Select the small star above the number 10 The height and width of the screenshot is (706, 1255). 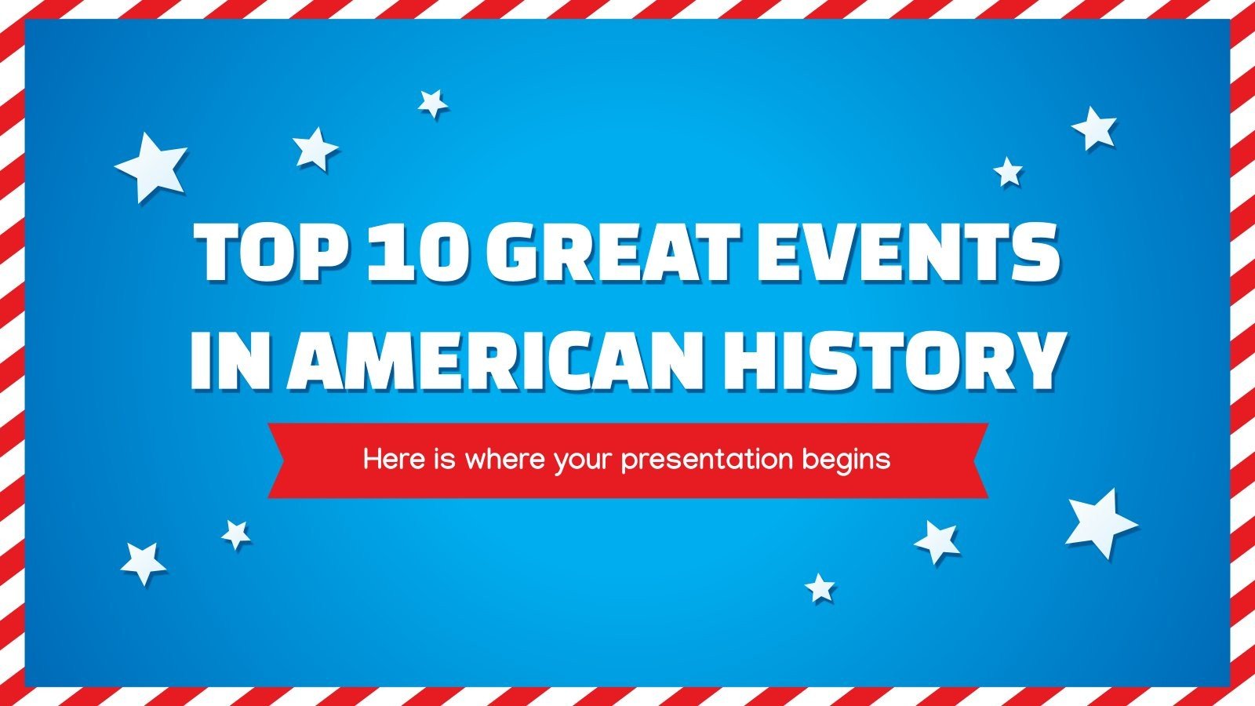432,103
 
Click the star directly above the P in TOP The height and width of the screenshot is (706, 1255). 315,148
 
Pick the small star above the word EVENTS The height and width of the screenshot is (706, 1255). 1008,172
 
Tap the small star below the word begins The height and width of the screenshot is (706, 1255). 820,588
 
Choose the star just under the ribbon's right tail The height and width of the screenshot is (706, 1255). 937,541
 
